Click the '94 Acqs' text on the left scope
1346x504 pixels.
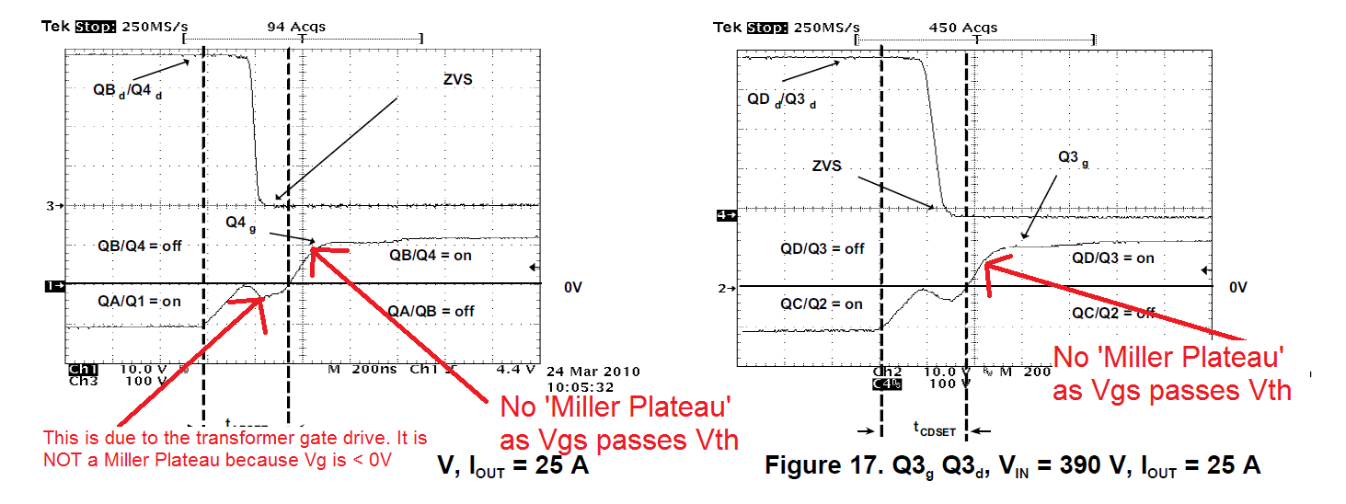coord(295,27)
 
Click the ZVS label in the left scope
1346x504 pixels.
coord(456,79)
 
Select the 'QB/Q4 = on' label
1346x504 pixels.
coord(430,255)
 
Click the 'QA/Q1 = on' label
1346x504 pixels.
coord(140,301)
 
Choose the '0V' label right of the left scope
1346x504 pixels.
coord(573,287)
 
